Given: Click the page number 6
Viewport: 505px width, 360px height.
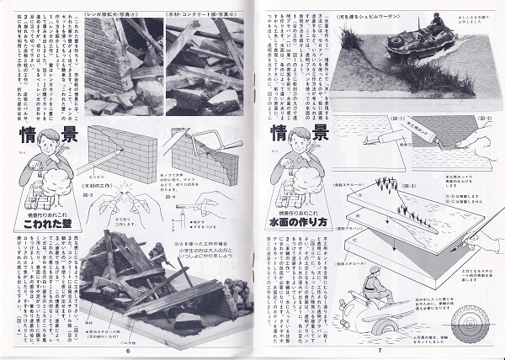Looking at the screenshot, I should coord(127,351).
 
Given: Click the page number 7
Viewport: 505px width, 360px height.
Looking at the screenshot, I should coord(380,351).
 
